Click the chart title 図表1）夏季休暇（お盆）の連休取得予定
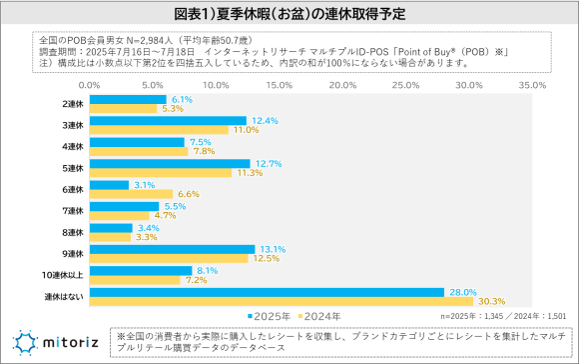point(289,15)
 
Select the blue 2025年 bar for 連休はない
point(266,292)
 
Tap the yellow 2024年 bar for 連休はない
point(281,301)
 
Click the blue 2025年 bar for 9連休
point(171,249)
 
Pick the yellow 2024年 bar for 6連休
point(130,193)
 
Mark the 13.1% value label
point(271,249)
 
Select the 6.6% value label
point(188,193)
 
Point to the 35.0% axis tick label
point(532,86)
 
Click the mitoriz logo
point(55,341)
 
